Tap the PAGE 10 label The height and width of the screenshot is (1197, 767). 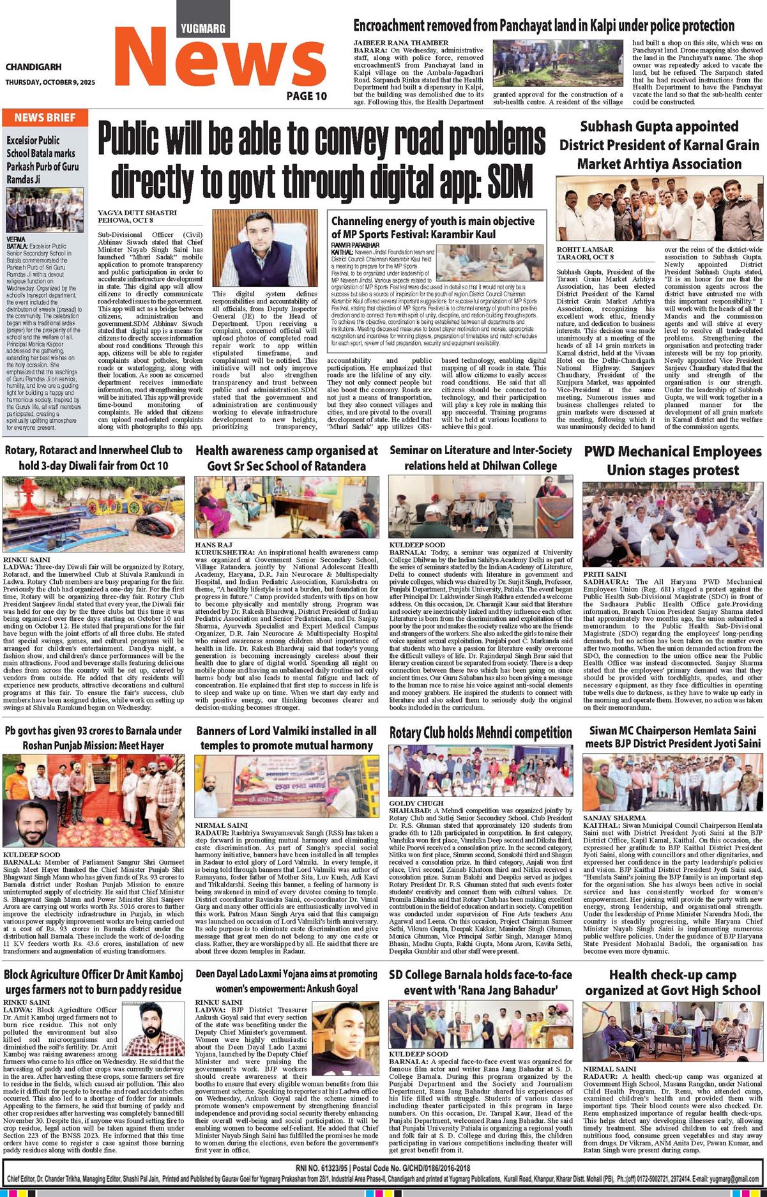tap(307, 96)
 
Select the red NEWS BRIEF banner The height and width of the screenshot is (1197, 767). tap(45, 118)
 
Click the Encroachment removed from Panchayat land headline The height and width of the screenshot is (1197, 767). tap(543, 26)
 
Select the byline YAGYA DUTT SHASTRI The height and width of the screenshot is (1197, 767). tap(137, 213)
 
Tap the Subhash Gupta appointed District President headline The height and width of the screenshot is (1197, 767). tap(659, 145)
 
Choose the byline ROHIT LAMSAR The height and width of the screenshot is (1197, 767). tap(584, 250)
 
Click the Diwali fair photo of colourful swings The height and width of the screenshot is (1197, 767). tap(94, 505)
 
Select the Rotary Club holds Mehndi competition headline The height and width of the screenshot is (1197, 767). tap(480, 733)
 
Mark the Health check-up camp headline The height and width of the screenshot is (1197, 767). tap(672, 982)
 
